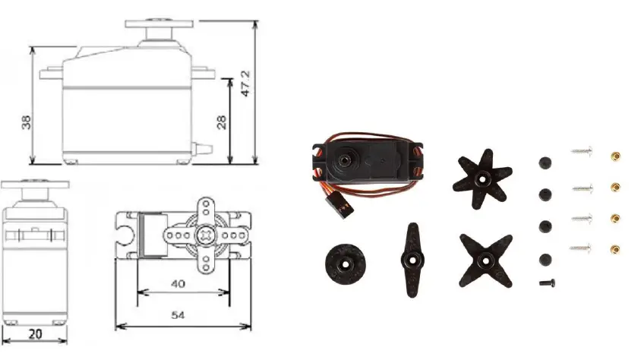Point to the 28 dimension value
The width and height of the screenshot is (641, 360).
click(x=221, y=122)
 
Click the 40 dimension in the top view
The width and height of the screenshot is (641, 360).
click(x=178, y=284)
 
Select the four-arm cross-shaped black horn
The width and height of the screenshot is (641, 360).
click(x=485, y=258)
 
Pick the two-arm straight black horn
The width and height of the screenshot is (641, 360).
click(x=411, y=258)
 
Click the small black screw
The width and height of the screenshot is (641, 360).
click(x=546, y=283)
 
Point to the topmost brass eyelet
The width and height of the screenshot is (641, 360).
click(x=615, y=156)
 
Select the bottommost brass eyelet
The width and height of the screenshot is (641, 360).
click(x=615, y=248)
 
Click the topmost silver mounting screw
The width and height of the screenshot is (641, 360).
click(x=581, y=153)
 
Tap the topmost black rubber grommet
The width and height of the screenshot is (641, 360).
click(x=544, y=163)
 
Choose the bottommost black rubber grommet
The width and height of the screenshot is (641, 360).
click(x=544, y=259)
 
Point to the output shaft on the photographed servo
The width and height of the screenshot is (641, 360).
click(x=346, y=158)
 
